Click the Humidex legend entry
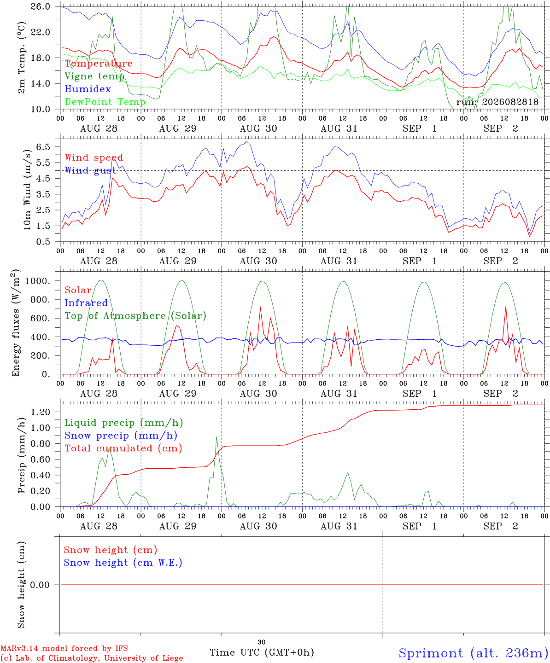tap(88, 89)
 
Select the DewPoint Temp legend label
tap(105, 102)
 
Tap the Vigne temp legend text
tap(94, 76)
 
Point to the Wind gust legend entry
tap(91, 170)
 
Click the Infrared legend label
tap(86, 303)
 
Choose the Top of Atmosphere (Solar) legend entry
tap(136, 316)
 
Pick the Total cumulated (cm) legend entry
tap(123, 448)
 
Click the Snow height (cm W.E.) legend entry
tap(123, 563)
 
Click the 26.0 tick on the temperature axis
tap(41, 6)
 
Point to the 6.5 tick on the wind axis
tap(43, 147)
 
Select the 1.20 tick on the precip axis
tap(41, 412)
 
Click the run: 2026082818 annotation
tap(497, 102)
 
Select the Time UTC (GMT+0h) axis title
tap(262, 652)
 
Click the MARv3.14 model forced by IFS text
tap(64, 648)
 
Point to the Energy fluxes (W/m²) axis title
tap(16, 323)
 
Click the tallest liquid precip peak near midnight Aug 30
tap(216, 436)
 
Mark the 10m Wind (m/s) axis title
tap(27, 189)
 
